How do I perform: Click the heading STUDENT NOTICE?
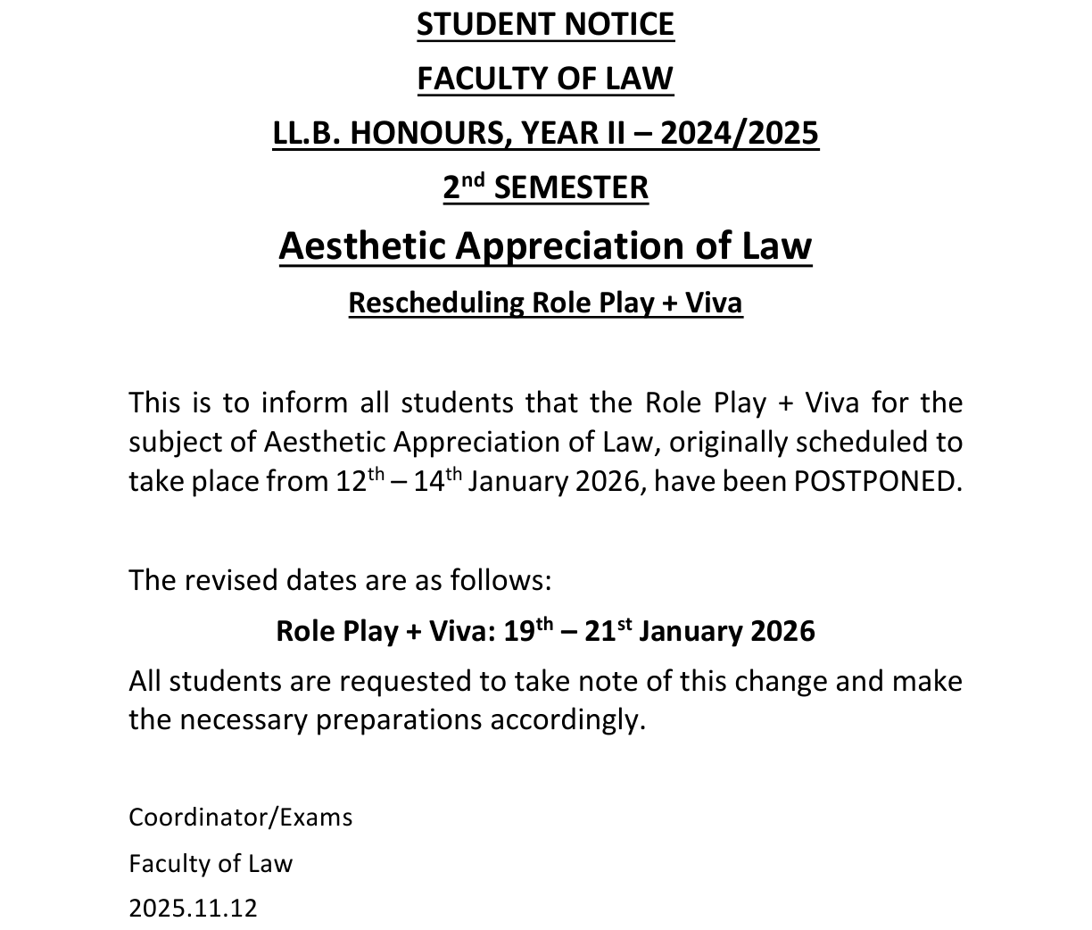click(x=545, y=25)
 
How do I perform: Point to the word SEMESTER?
click(x=571, y=187)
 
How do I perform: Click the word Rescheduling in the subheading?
click(x=436, y=303)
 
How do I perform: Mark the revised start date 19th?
click(x=526, y=631)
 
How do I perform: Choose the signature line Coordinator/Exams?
click(x=241, y=818)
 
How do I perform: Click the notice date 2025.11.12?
click(x=193, y=909)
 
